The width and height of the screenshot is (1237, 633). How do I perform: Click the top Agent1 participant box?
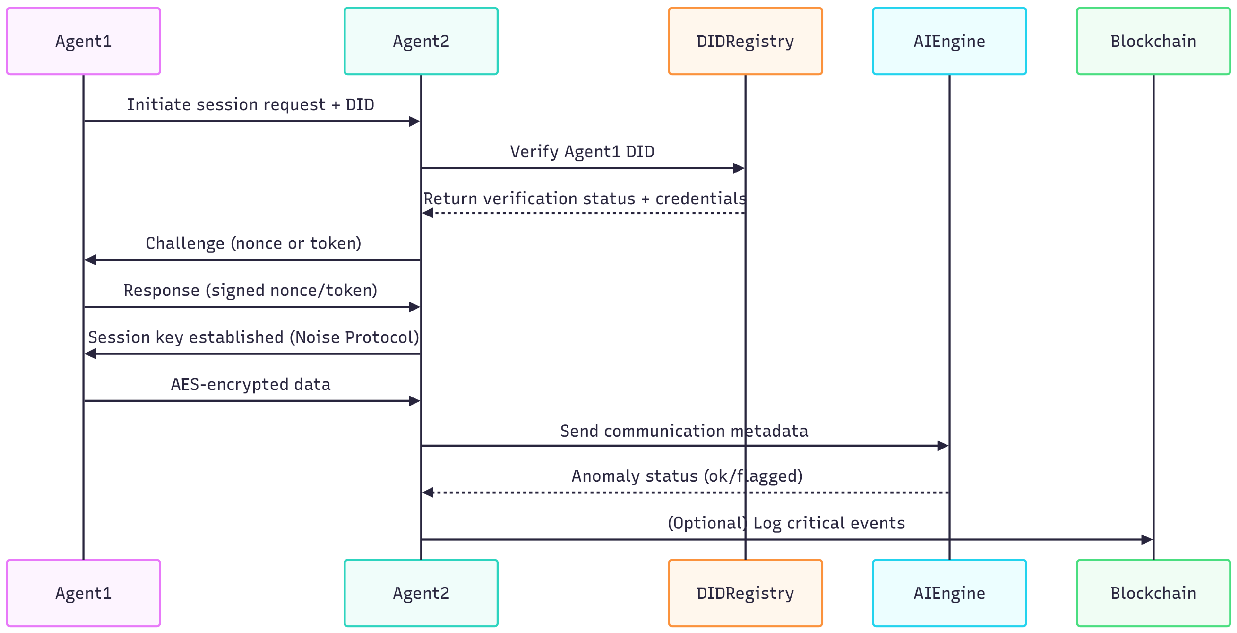pyautogui.click(x=83, y=41)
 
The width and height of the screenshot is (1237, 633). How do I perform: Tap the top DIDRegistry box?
pyautogui.click(x=745, y=41)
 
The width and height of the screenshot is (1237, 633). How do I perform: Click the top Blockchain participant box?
pyautogui.click(x=1153, y=41)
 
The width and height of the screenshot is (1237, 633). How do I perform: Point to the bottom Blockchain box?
pyautogui.click(x=1153, y=593)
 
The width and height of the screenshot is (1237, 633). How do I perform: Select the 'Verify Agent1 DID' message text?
pyautogui.click(x=582, y=152)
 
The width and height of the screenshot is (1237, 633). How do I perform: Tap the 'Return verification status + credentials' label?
pyautogui.click(x=584, y=199)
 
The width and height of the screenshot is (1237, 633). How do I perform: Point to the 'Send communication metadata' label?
pyautogui.click(x=684, y=431)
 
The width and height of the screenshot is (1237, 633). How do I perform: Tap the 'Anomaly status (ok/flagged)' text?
pyautogui.click(x=687, y=476)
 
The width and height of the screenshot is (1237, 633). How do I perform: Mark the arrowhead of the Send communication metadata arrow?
pyautogui.click(x=943, y=446)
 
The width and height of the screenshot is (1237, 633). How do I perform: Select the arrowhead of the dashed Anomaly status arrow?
pyautogui.click(x=428, y=492)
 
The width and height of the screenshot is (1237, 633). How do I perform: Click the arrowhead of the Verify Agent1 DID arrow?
pyautogui.click(x=739, y=168)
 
